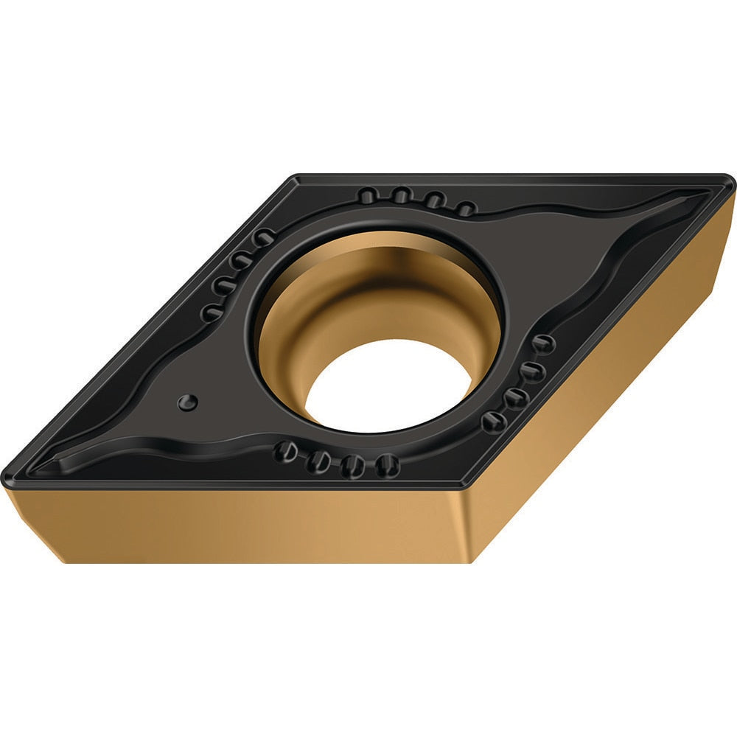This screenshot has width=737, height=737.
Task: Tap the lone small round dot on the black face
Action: (x=188, y=402)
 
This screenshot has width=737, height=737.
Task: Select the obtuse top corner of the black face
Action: (x=296, y=178)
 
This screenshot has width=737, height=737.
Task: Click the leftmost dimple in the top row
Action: (x=368, y=196)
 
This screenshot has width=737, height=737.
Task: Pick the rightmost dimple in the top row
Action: (x=465, y=209)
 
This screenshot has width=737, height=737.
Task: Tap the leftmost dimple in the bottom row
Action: (x=285, y=452)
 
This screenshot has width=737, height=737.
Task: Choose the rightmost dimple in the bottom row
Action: (x=387, y=465)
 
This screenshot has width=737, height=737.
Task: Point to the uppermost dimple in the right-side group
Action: (x=543, y=343)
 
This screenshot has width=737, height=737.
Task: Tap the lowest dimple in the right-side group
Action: (x=493, y=422)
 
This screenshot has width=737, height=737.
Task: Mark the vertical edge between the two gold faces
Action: (x=468, y=523)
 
